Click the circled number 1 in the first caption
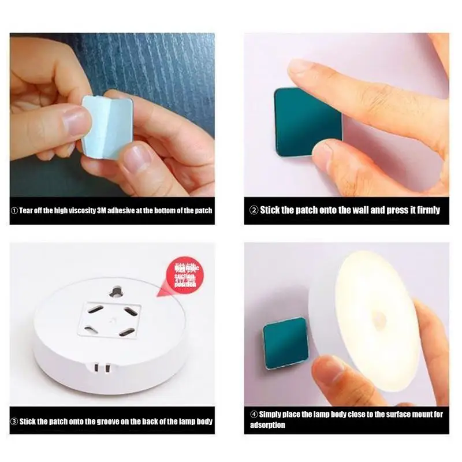(14, 210)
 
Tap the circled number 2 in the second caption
(253, 210)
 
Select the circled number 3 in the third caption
(14, 422)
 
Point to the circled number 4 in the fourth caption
(253, 414)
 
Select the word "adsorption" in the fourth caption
(268, 425)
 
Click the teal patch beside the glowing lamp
(285, 343)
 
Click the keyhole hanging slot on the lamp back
(118, 288)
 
